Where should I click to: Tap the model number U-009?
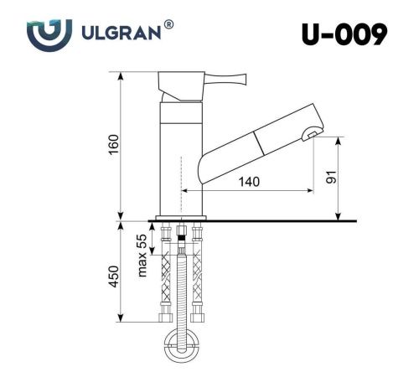pyautogui.click(x=344, y=34)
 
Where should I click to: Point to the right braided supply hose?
pyautogui.click(x=198, y=272)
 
